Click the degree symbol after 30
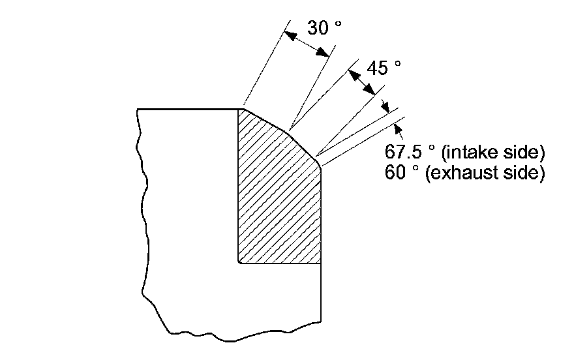(338, 24)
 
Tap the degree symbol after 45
(398, 63)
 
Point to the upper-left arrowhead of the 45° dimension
(352, 74)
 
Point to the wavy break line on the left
(140, 196)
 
